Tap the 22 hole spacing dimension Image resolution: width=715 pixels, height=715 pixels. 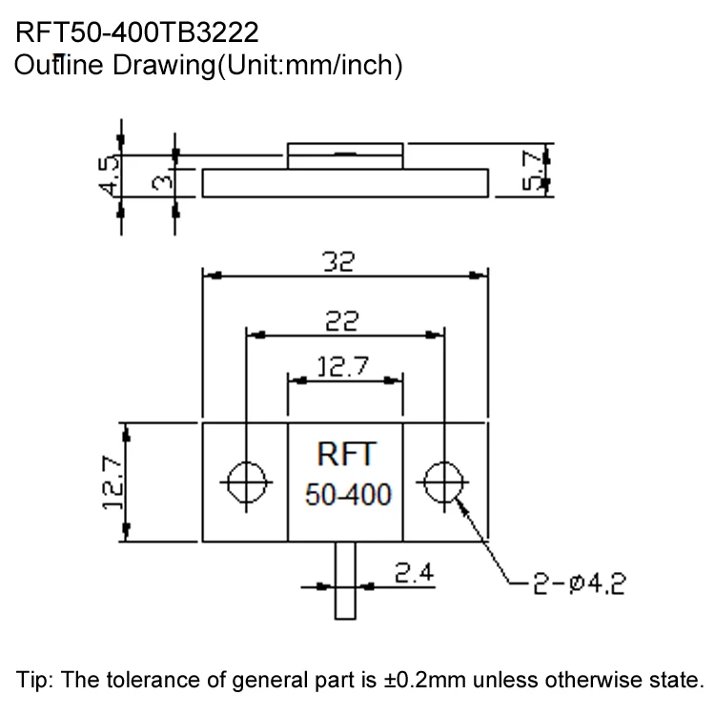(340, 322)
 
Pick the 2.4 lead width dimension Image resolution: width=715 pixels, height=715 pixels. (412, 572)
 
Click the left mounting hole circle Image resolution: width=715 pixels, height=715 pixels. (247, 482)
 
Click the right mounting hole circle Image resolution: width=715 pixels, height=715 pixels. (441, 482)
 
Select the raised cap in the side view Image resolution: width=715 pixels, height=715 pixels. (345, 155)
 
